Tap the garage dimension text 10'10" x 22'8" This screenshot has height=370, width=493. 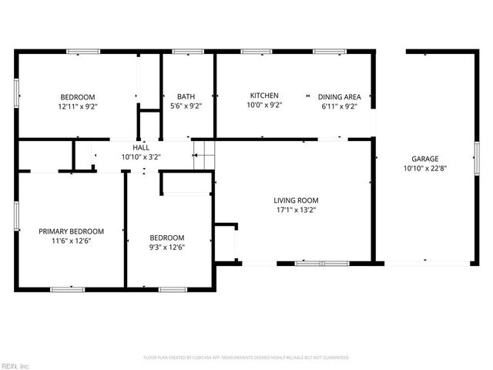pyautogui.click(x=424, y=167)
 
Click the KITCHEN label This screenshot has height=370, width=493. pyautogui.click(x=264, y=96)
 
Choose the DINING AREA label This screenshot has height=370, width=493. pyautogui.click(x=339, y=96)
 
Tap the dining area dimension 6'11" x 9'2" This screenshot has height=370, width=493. pyautogui.click(x=339, y=106)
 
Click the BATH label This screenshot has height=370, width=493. pyautogui.click(x=186, y=96)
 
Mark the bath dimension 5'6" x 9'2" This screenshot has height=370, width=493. pyautogui.click(x=186, y=106)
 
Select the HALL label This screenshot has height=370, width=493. pyautogui.click(x=141, y=146)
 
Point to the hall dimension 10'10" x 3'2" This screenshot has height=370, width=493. pyautogui.click(x=141, y=156)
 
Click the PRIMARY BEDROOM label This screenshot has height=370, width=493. pyautogui.click(x=71, y=230)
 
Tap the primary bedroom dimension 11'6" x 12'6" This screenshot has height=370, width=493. pyautogui.click(x=71, y=240)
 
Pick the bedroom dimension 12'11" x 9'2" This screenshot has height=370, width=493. pyautogui.click(x=78, y=106)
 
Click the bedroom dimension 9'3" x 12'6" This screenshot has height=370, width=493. pyautogui.click(x=166, y=247)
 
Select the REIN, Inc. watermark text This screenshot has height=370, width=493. pyautogui.click(x=15, y=365)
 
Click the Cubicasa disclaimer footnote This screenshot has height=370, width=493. pyautogui.click(x=246, y=358)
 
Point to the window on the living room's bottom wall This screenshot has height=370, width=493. pyautogui.click(x=322, y=264)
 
